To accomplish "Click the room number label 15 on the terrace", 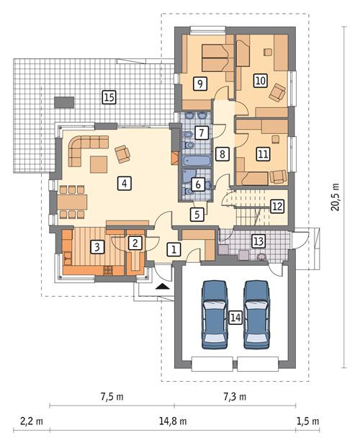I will click(x=109, y=96).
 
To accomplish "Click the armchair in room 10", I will click(x=278, y=91).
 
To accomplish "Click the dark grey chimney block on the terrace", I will click(x=65, y=101).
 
